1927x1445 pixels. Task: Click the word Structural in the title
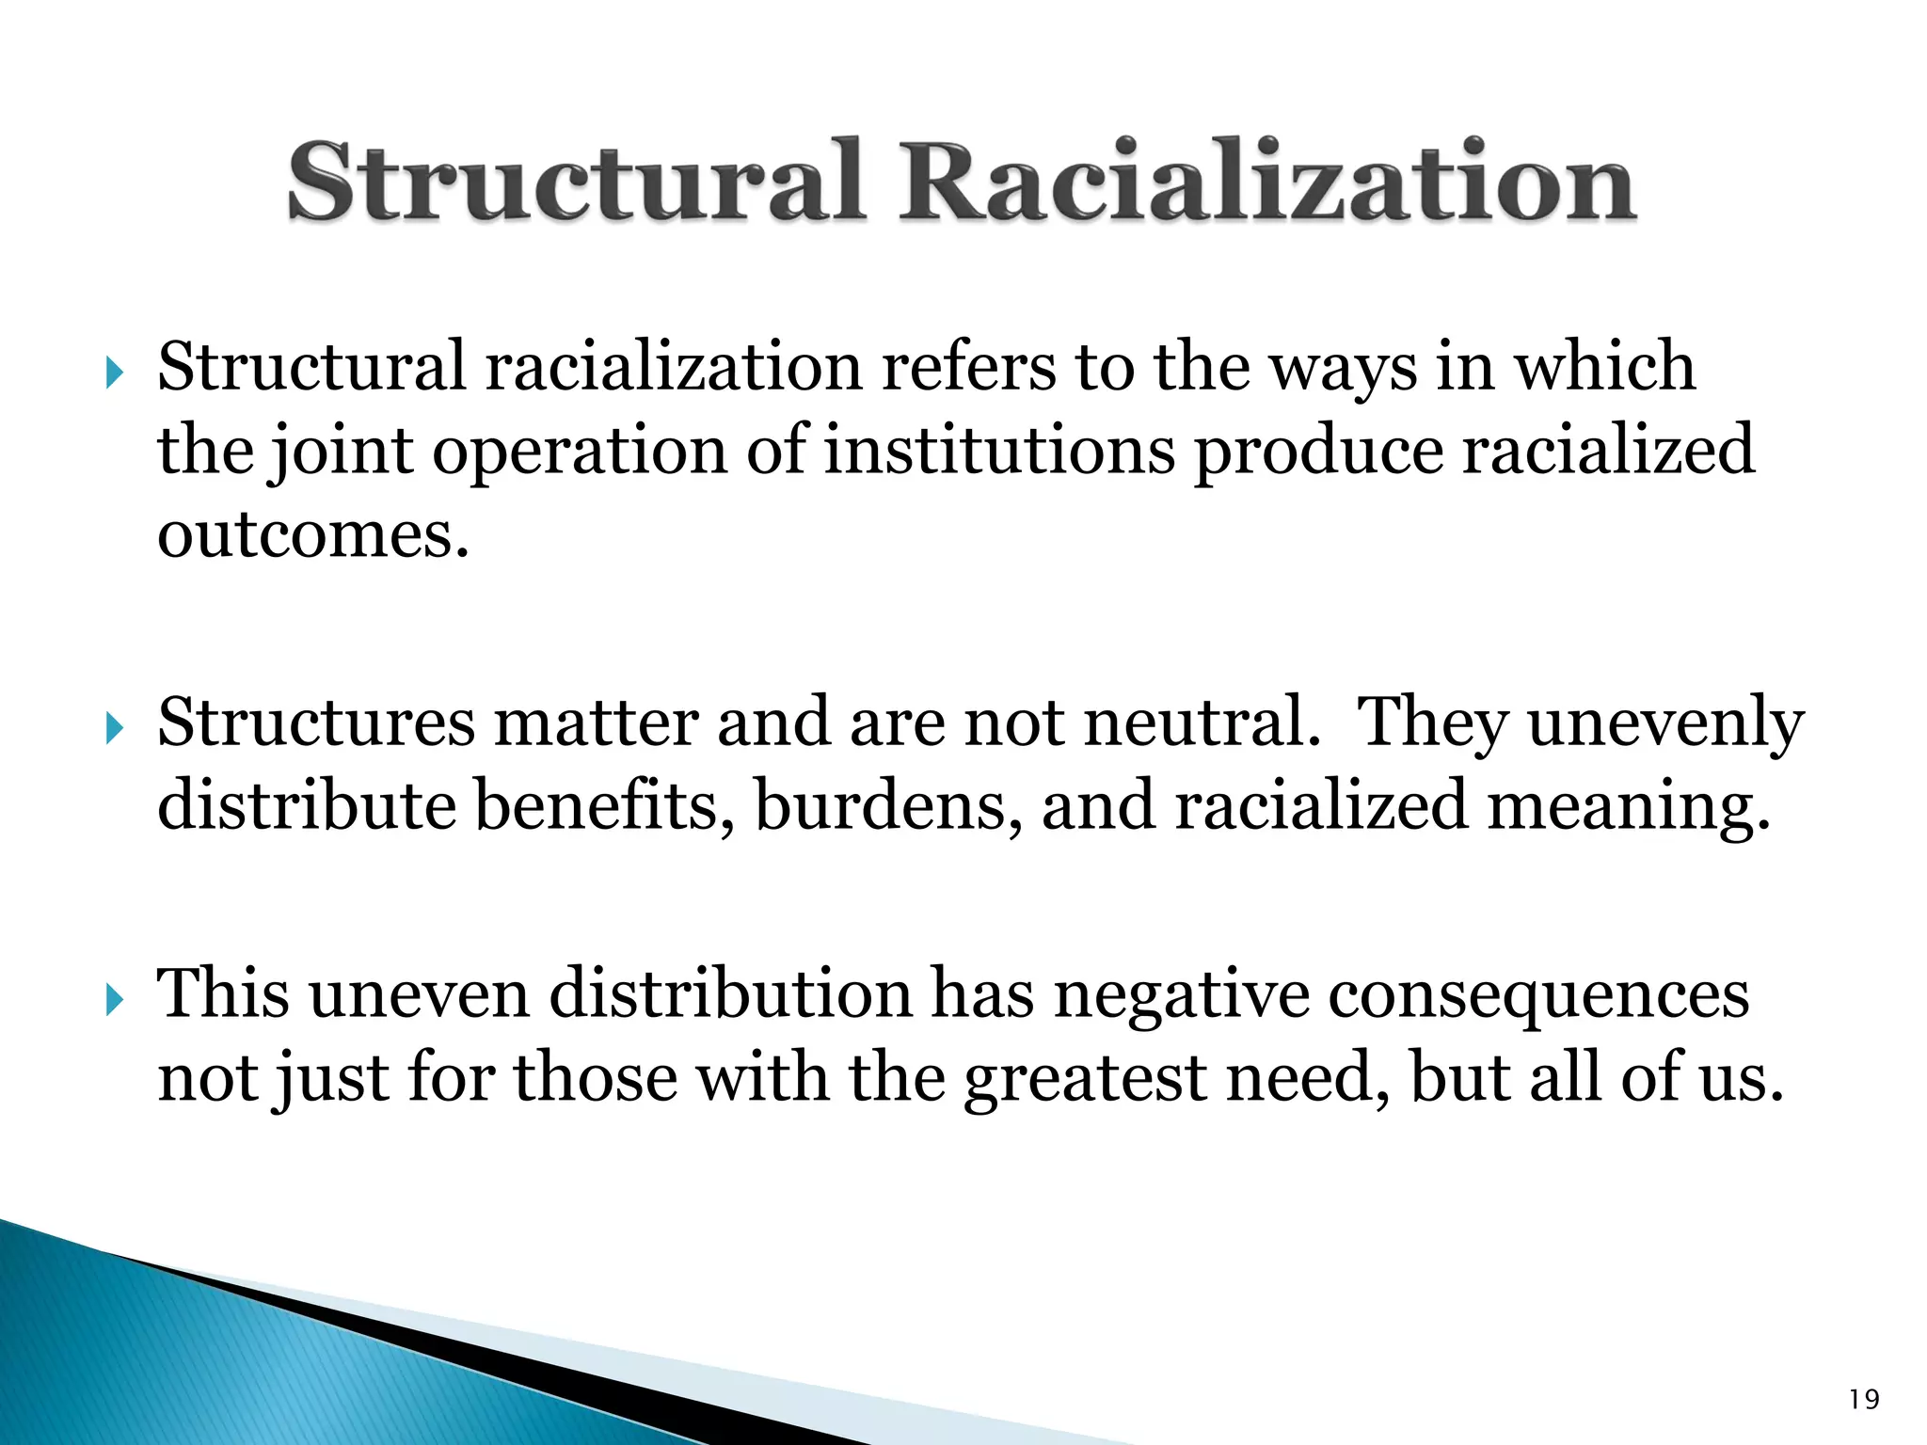[574, 181]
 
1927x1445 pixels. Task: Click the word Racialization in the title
[1266, 181]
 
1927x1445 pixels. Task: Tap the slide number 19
[1863, 1400]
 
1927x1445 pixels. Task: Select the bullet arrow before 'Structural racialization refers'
[114, 373]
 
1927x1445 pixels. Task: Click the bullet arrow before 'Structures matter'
[114, 729]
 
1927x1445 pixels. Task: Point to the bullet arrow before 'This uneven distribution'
[114, 1000]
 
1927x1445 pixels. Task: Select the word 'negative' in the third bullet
[1181, 995]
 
